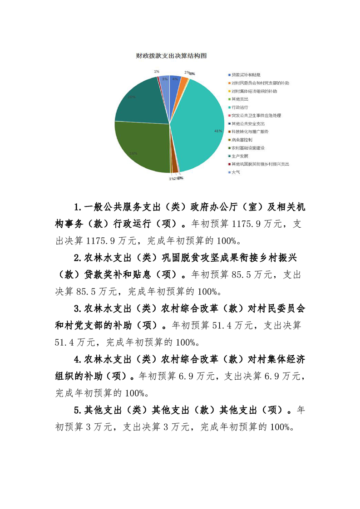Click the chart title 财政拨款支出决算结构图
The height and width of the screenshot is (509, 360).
point(171,56)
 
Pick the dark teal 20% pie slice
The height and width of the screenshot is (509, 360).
point(136,100)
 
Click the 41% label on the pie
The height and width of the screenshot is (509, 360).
point(218,131)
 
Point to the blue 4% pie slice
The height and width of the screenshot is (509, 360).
point(175,81)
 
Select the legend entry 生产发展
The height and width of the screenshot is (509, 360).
point(239,156)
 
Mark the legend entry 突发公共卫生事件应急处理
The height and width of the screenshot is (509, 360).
point(256,115)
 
